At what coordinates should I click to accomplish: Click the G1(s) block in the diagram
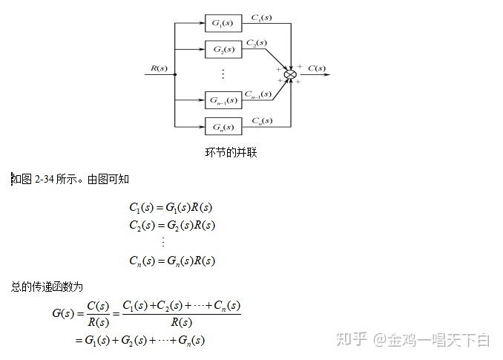[223, 23]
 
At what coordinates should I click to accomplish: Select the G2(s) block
[223, 50]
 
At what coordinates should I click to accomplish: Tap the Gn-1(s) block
[223, 99]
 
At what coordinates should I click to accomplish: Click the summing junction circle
[291, 74]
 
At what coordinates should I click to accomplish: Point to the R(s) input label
[158, 68]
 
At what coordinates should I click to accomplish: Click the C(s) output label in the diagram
[316, 68]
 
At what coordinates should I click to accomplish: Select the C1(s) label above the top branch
[260, 16]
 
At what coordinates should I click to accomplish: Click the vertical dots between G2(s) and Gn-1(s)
[223, 74]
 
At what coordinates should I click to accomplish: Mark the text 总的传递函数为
[47, 286]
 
